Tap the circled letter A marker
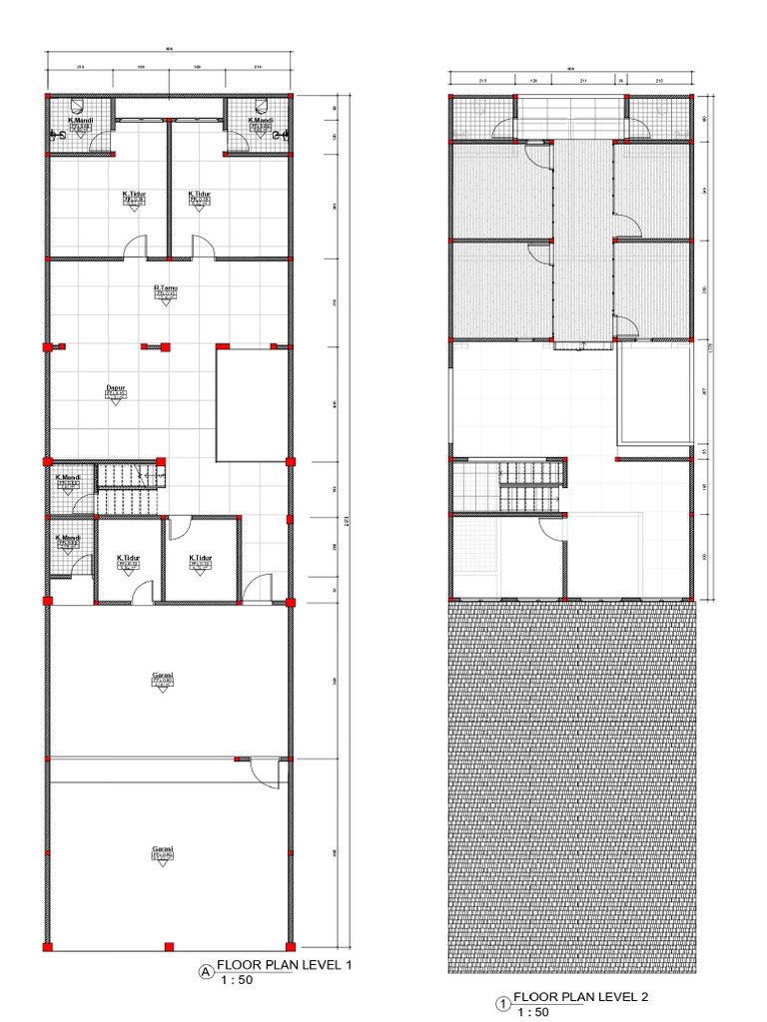pyautogui.click(x=206, y=970)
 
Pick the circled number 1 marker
pyautogui.click(x=503, y=1002)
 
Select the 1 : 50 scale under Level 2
pyautogui.click(x=533, y=1012)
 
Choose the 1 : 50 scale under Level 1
pyautogui.click(x=236, y=980)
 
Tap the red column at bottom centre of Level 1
pyautogui.click(x=169, y=945)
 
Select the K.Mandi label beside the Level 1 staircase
pyautogui.click(x=69, y=477)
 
